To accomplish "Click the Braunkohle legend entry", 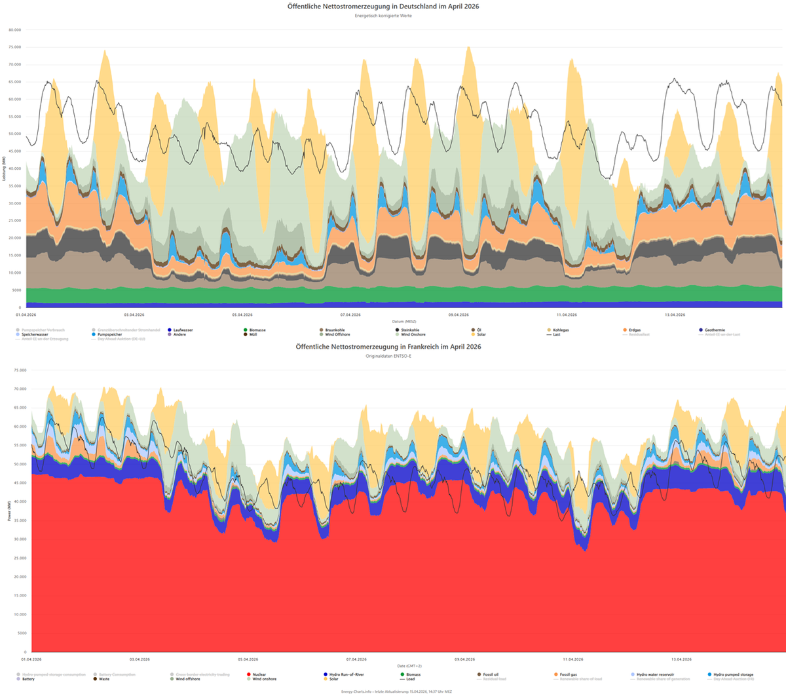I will pyautogui.click(x=335, y=330).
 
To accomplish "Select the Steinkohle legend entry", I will pyautogui.click(x=410, y=330).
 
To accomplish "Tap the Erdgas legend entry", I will pyautogui.click(x=634, y=330).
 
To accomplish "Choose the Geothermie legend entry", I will pyautogui.click(x=715, y=330).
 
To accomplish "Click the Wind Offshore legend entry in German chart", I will pyautogui.click(x=337, y=335).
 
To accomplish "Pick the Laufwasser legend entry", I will pyautogui.click(x=183, y=330).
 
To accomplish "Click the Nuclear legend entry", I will pyautogui.click(x=259, y=674).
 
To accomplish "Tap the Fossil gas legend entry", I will pyautogui.click(x=568, y=674).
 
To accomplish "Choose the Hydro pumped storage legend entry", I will pyautogui.click(x=733, y=674).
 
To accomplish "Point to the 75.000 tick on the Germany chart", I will pyautogui.click(x=14, y=47).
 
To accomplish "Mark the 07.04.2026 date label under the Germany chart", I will pyautogui.click(x=350, y=315).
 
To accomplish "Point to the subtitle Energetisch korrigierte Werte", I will pyautogui.click(x=383, y=16).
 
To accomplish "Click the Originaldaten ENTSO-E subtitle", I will pyautogui.click(x=388, y=356).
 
